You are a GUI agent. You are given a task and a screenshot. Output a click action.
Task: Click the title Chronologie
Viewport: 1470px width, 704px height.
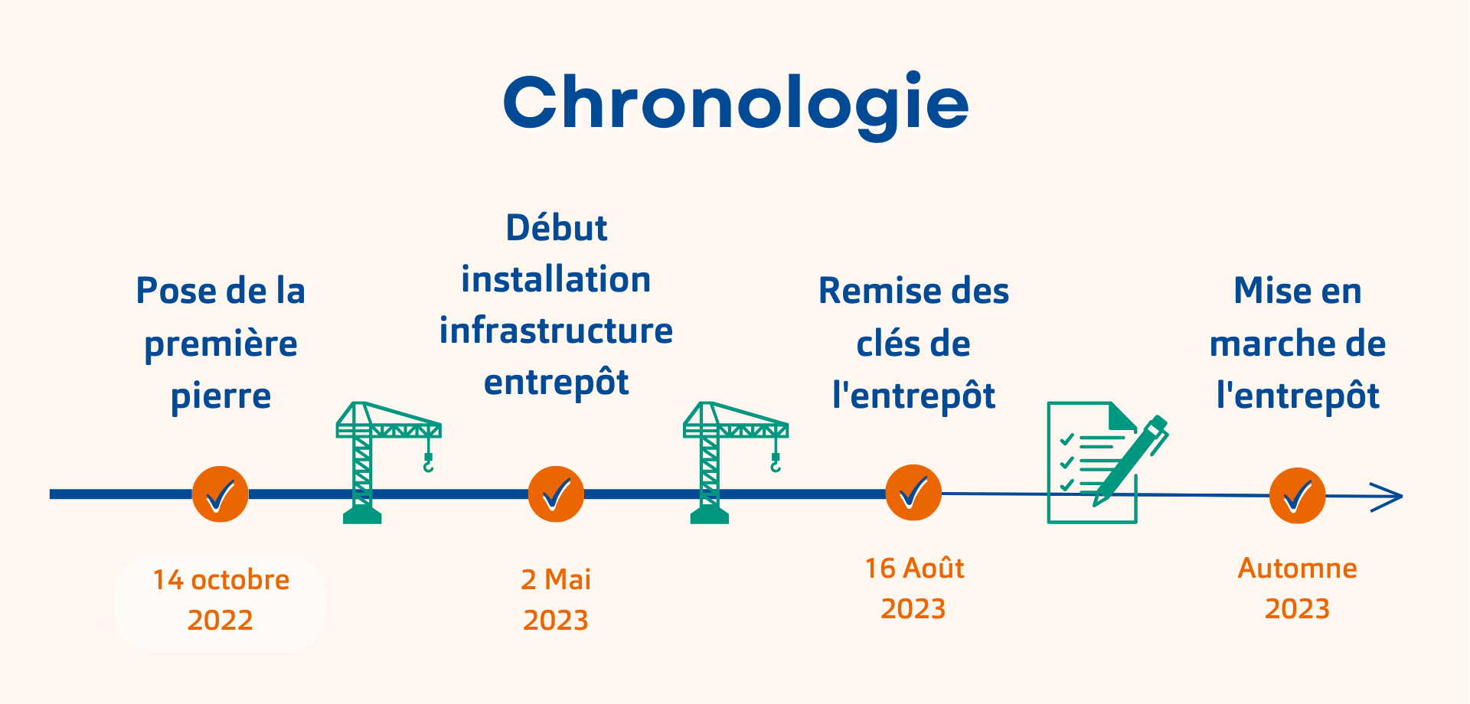(x=736, y=104)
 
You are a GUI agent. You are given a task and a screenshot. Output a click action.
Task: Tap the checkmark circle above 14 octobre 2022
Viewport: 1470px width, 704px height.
(x=220, y=494)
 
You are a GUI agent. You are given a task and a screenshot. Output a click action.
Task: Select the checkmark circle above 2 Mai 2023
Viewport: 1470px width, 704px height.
(x=556, y=494)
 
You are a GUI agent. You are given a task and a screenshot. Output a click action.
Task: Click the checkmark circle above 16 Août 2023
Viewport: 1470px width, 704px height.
(x=913, y=493)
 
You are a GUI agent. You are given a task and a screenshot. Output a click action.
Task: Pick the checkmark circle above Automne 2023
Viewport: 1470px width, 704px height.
(x=1298, y=496)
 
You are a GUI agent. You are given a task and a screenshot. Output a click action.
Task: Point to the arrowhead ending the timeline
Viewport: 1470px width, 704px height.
(x=1387, y=497)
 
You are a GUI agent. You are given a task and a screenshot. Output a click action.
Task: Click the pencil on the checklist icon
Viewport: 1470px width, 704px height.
(x=1130, y=461)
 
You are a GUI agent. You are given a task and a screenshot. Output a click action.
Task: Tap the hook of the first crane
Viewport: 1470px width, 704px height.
(x=428, y=462)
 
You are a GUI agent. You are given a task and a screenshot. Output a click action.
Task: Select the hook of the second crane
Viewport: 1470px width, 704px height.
(x=776, y=462)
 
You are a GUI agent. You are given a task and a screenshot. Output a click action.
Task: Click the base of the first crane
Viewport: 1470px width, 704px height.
(x=362, y=514)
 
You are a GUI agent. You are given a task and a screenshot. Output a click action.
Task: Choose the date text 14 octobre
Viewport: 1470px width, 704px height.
(x=221, y=580)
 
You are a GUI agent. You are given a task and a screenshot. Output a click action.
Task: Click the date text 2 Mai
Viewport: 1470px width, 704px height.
(x=556, y=580)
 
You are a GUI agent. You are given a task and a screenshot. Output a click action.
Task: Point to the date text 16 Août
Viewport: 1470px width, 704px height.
(x=914, y=569)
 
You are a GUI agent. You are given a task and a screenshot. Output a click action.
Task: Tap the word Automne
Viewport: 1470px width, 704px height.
(x=1298, y=569)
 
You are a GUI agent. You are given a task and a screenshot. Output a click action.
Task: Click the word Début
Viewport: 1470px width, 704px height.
(x=557, y=228)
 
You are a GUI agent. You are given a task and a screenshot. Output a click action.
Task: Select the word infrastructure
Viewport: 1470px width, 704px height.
(x=556, y=331)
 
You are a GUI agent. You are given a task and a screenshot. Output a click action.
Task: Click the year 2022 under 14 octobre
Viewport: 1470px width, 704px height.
(x=220, y=620)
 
